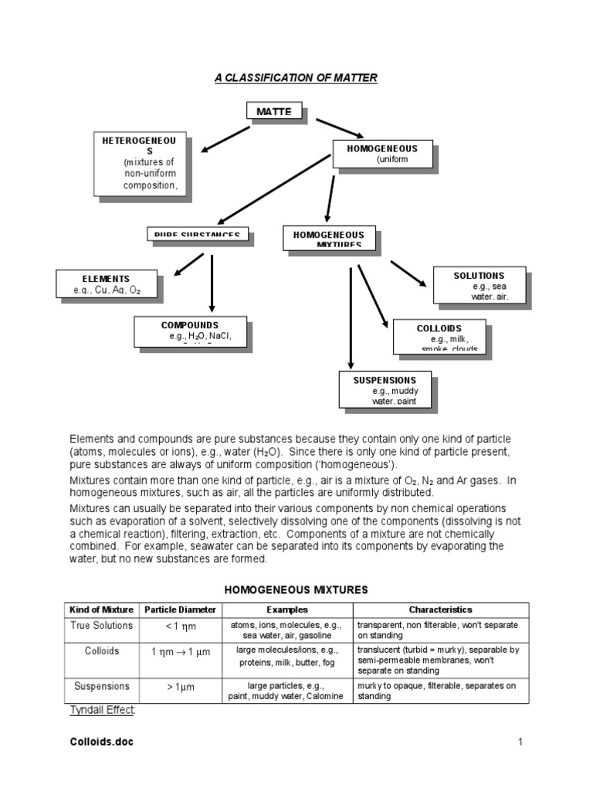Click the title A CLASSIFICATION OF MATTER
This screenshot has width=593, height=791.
click(x=295, y=78)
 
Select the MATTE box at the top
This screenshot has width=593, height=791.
click(x=275, y=112)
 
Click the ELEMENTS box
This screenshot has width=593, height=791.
click(x=107, y=284)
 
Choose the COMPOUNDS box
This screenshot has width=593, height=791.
click(x=190, y=331)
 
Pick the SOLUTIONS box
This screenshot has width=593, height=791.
click(x=479, y=285)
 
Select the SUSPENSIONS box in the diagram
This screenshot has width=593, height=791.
click(x=385, y=389)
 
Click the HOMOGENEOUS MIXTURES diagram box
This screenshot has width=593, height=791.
click(x=329, y=238)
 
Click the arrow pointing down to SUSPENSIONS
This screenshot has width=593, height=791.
click(x=351, y=317)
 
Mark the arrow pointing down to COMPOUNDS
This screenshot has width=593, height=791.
click(x=212, y=283)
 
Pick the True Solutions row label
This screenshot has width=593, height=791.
click(x=102, y=626)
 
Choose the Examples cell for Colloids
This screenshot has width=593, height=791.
click(x=286, y=657)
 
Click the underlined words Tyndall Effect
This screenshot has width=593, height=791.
click(x=103, y=709)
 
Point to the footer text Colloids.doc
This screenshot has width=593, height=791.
click(x=101, y=742)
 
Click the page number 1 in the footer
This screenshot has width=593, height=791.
click(x=520, y=742)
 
